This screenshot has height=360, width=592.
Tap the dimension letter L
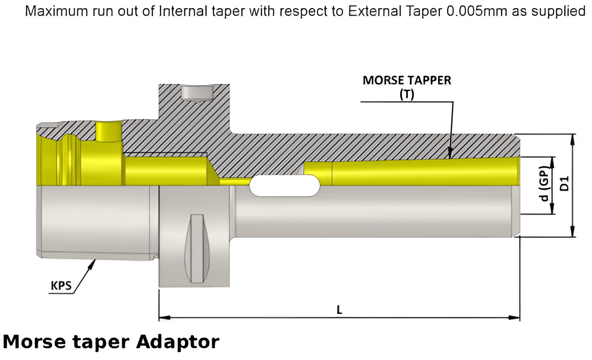[x=339, y=310]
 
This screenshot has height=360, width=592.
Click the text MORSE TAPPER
[x=407, y=81]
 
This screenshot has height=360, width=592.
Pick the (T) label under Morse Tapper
[x=406, y=94]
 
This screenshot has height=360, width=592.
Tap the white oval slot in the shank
[x=285, y=186]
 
